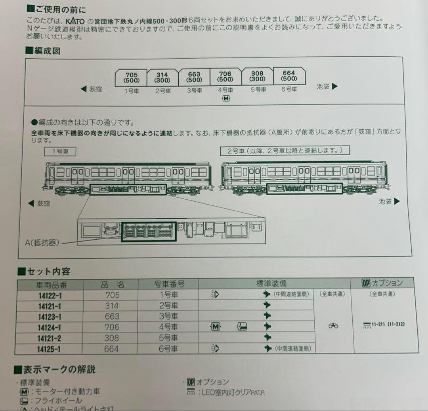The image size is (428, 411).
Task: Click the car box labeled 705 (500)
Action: click(x=131, y=77)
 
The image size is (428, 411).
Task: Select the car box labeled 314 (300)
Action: click(x=162, y=77)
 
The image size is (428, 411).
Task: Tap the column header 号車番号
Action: click(x=169, y=284)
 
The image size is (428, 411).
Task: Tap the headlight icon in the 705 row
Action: click(x=215, y=294)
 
